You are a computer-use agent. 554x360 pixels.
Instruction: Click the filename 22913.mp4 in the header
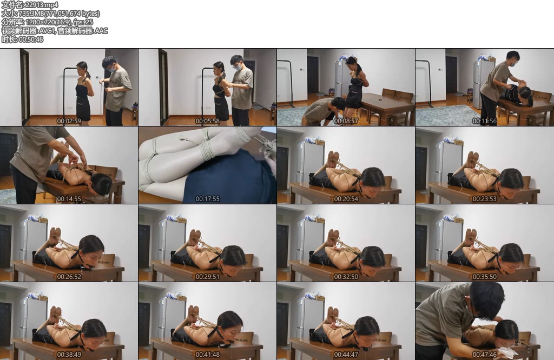tap(38, 4)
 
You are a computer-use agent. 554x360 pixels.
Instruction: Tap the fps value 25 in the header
tap(89, 22)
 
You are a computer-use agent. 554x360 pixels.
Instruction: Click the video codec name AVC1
tap(47, 31)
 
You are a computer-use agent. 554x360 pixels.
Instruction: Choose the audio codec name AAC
tap(101, 31)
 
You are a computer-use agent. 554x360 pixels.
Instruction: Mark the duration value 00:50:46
tap(31, 39)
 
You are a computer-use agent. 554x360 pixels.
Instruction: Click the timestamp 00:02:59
tap(69, 121)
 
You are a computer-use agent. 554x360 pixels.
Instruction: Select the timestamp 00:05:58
tap(207, 121)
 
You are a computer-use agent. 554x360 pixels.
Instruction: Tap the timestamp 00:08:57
tap(346, 121)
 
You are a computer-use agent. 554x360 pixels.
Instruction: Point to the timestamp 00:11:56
tap(484, 121)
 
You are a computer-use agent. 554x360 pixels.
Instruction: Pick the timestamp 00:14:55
tap(69, 199)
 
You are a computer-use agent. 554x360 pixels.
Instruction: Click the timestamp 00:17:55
tap(207, 199)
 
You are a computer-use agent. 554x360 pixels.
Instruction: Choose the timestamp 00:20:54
tap(346, 199)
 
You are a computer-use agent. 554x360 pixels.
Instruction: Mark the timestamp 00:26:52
tap(69, 277)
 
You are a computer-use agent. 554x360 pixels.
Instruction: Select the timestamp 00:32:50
tap(346, 277)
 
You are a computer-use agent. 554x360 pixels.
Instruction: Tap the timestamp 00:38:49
tap(69, 355)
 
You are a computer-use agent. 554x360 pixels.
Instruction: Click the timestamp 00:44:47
tap(346, 355)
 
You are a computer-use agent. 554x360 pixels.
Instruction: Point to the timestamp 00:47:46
tap(484, 355)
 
